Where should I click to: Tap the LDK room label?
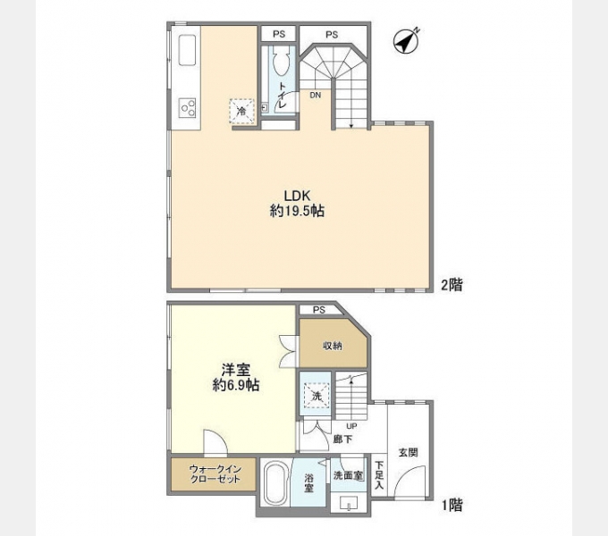[298, 196]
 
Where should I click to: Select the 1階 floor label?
[451, 505]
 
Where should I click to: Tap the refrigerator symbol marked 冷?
[242, 111]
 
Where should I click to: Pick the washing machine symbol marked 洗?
[316, 396]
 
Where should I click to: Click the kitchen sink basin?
[188, 51]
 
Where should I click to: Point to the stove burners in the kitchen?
[188, 108]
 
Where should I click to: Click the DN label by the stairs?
[316, 95]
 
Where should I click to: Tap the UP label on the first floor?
[351, 426]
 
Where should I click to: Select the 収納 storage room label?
[332, 345]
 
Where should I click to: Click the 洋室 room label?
[236, 370]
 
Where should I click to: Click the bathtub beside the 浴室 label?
[278, 488]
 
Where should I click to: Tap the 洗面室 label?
[347, 476]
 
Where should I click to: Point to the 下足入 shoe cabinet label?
[379, 475]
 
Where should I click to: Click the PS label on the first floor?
[319, 310]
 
